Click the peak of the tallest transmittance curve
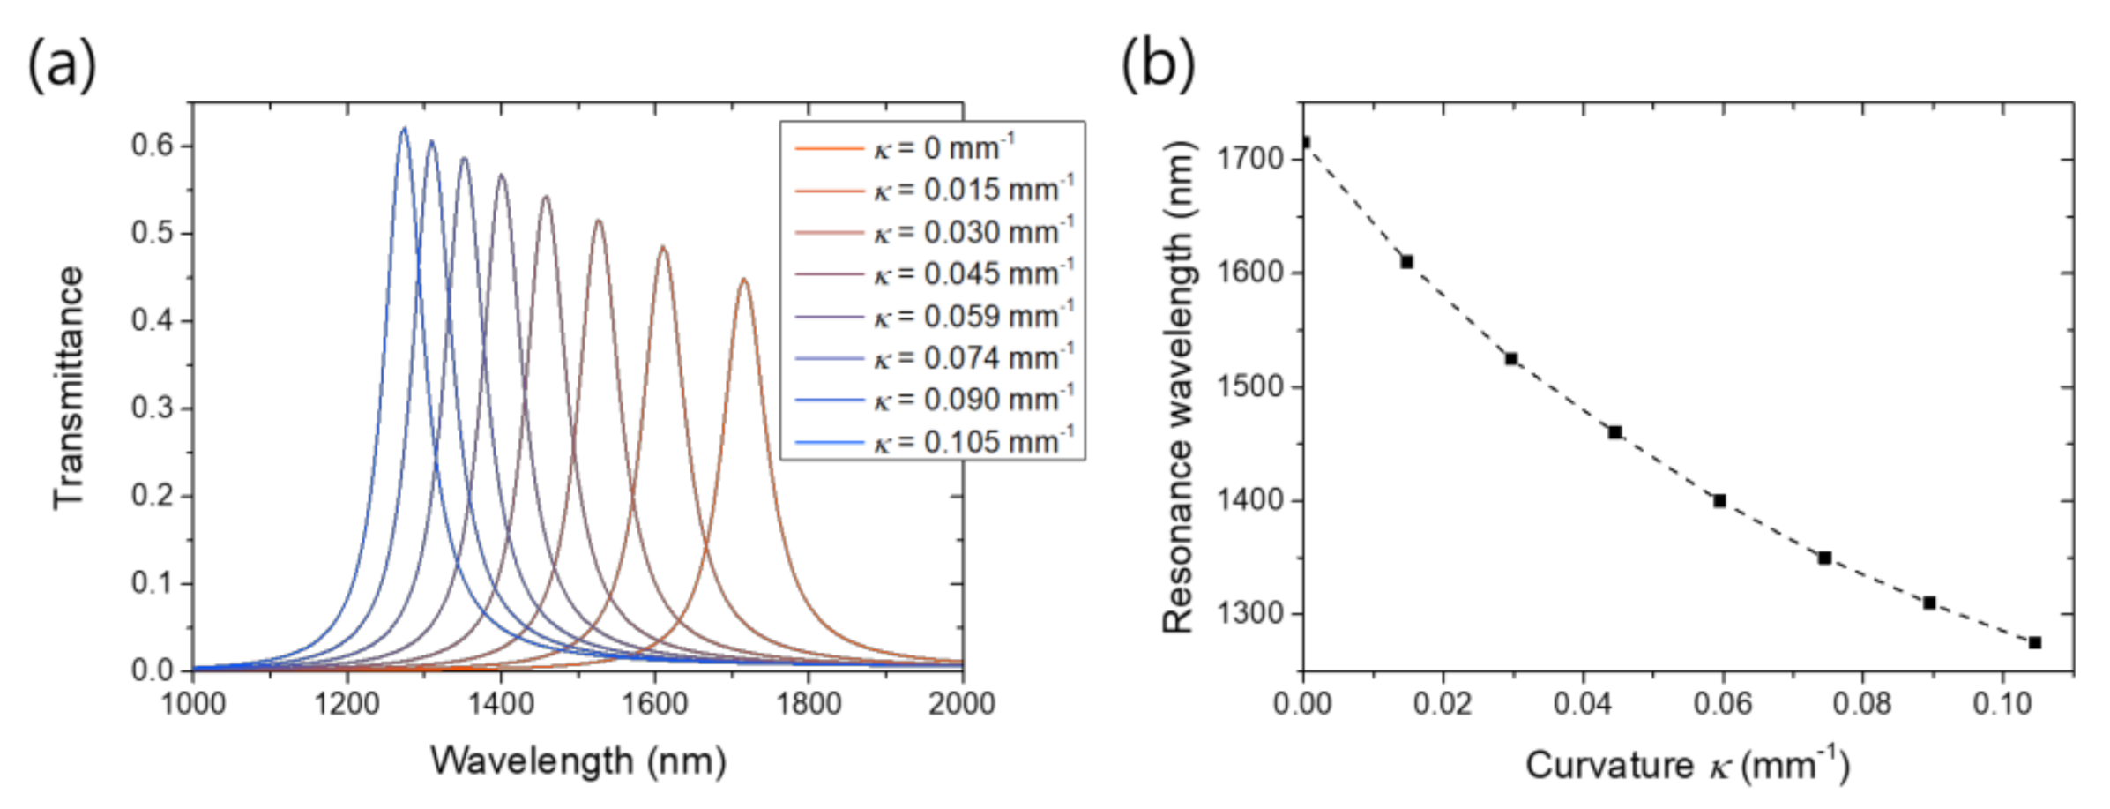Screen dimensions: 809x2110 [404, 129]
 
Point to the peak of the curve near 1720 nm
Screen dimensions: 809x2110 [744, 281]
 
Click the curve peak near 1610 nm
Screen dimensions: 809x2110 [663, 248]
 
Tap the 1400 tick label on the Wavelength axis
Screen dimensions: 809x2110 [500, 704]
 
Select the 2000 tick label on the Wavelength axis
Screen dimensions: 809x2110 [961, 704]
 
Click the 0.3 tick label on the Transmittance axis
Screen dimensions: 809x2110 [153, 408]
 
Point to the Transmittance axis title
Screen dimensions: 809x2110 [68, 388]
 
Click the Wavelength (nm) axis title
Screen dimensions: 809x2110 [578, 761]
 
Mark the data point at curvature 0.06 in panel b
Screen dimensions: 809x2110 [1719, 501]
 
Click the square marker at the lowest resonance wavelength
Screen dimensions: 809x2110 [2034, 642]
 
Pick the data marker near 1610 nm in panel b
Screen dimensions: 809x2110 [1407, 262]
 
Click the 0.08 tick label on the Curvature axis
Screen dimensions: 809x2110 [1861, 704]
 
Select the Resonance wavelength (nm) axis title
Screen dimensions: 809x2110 [1178, 388]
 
